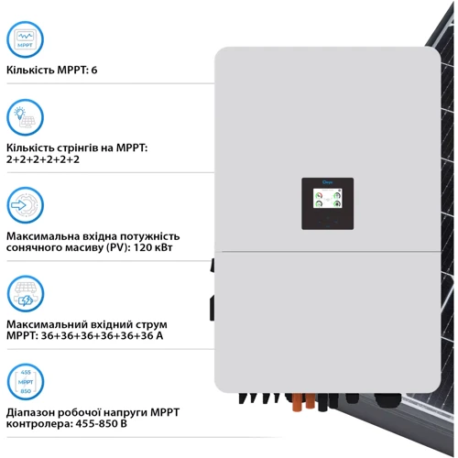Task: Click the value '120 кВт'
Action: tap(155, 247)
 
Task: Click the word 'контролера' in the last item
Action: tap(40, 424)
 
